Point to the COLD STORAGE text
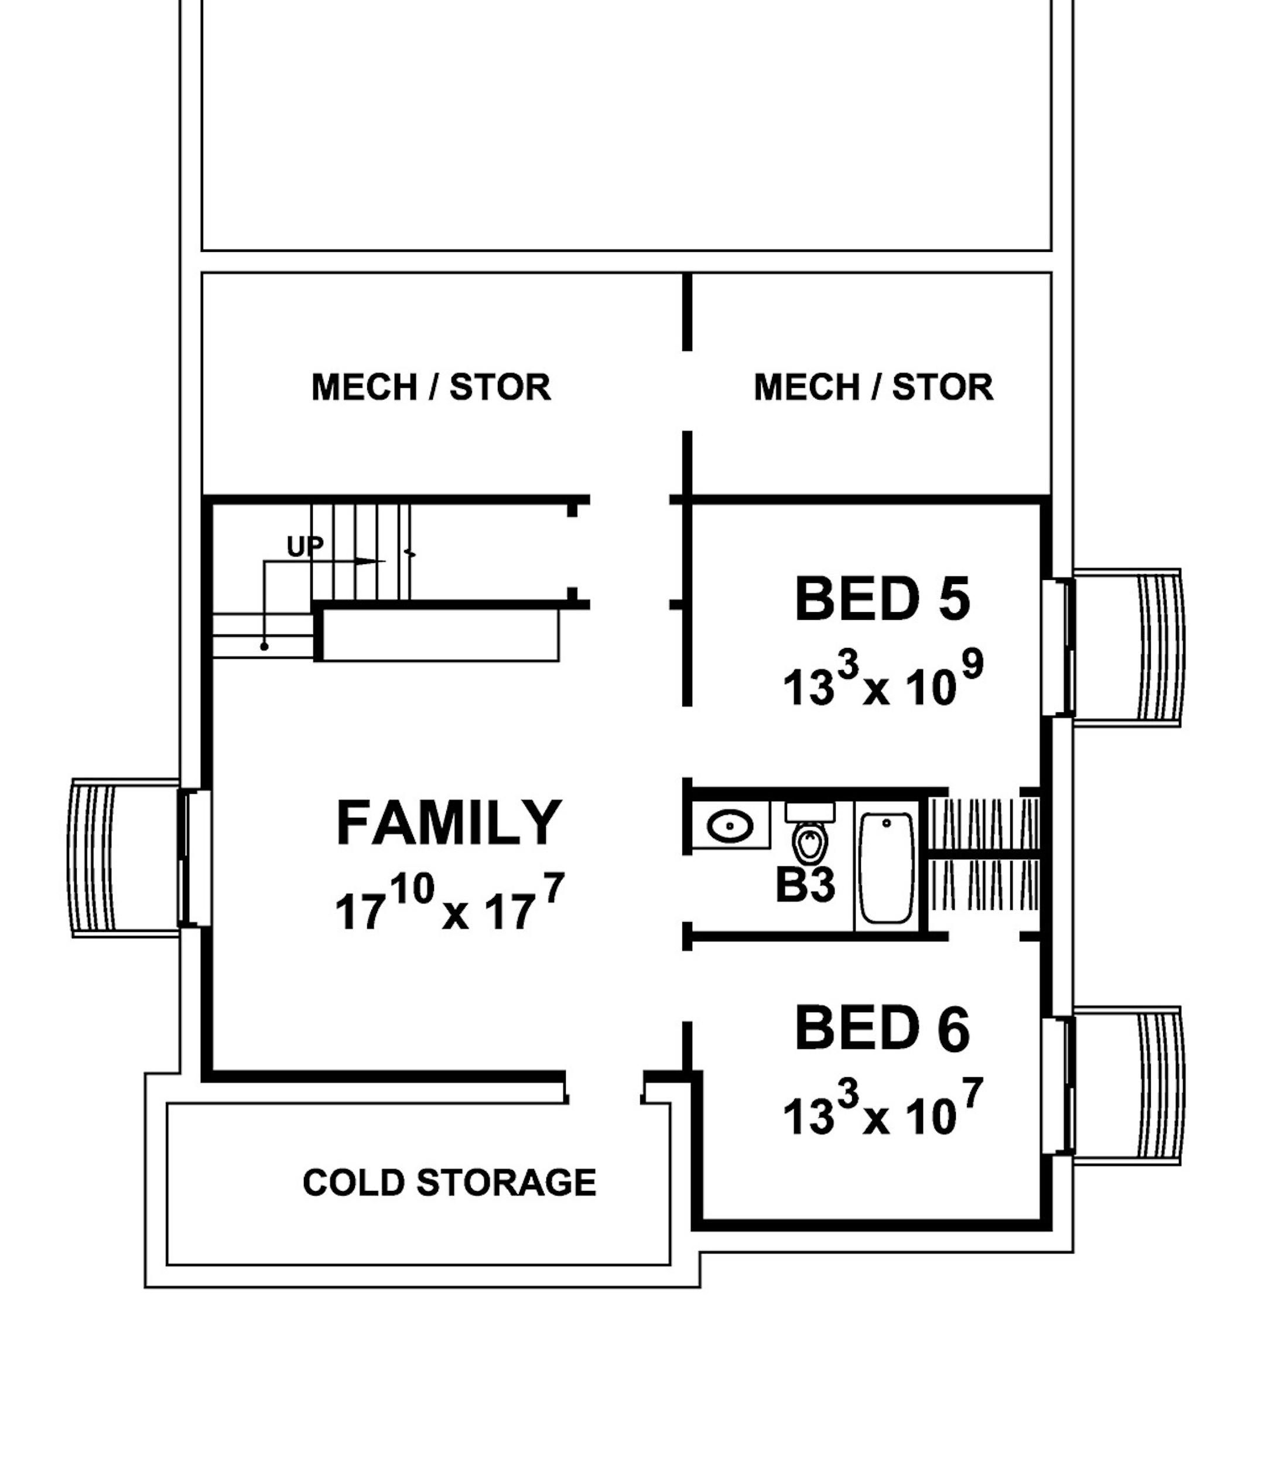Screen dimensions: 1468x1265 tap(449, 1183)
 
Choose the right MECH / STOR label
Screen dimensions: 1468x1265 tap(873, 388)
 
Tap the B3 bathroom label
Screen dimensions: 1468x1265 tap(805, 886)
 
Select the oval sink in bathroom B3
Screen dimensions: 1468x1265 tap(730, 826)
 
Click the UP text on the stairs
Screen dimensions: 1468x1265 tap(305, 546)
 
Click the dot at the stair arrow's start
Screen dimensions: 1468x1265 tap(264, 646)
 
